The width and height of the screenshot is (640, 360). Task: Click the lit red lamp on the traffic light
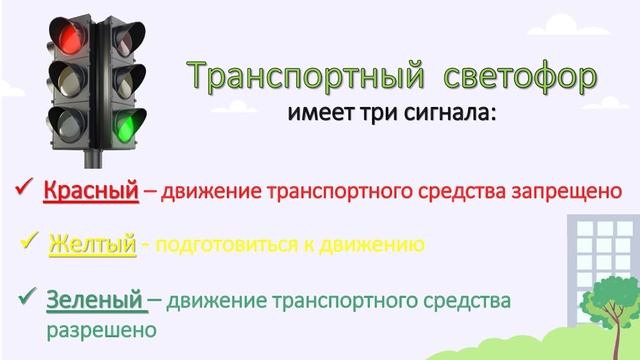point(69,37)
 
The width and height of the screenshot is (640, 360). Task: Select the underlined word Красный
point(90,190)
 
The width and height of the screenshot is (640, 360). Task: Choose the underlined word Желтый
point(92,244)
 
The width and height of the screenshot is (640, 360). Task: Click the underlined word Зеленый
point(96,299)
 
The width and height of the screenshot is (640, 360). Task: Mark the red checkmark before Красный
point(24,188)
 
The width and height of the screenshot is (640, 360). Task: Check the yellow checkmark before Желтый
point(29,243)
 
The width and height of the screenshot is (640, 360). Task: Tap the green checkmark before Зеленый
point(27,297)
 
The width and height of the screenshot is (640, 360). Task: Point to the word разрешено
point(101,327)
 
